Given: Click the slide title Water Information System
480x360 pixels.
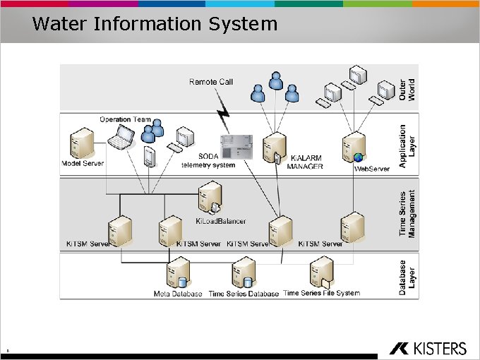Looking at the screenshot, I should click(155, 24).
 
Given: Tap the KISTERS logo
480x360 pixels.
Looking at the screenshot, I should click(428, 348).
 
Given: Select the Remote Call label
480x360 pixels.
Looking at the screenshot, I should click(211, 82).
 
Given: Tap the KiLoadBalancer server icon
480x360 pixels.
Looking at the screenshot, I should click(210, 197).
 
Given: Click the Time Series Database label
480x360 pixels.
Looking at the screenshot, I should click(244, 294).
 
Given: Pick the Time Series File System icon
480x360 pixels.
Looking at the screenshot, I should click(321, 272).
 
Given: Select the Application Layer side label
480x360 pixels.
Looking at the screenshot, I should click(407, 145).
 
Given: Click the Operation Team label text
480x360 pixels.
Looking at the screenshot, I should click(126, 119).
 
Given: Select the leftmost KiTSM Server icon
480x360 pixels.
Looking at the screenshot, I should click(119, 228).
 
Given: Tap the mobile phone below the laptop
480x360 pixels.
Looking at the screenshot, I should click(148, 157).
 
